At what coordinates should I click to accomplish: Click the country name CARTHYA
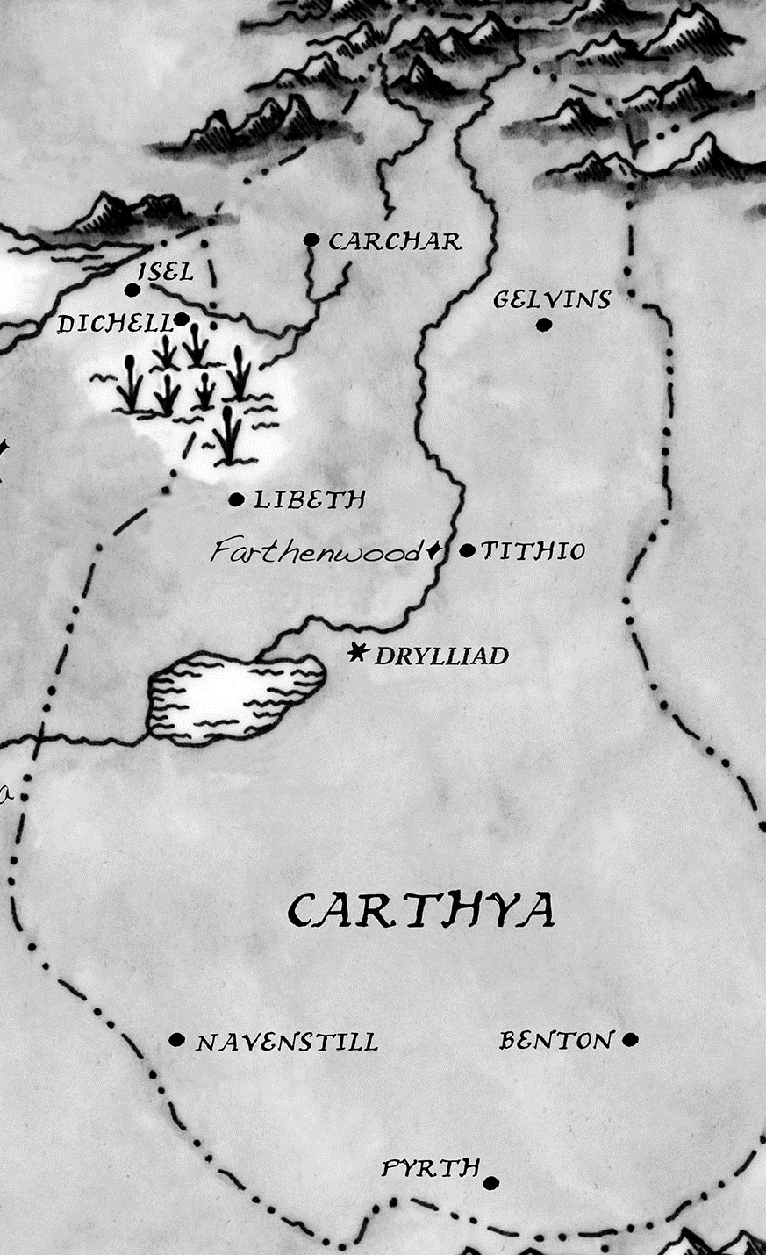point(422,910)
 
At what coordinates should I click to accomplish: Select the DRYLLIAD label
point(441,656)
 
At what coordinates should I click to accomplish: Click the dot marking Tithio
point(467,551)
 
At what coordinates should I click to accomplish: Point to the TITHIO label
point(533,551)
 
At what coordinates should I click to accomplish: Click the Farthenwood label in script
point(317,552)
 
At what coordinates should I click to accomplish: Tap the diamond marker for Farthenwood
point(433,551)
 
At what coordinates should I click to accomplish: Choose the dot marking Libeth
point(235,500)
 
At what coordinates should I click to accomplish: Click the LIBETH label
point(309,500)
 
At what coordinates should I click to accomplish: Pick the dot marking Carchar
point(310,239)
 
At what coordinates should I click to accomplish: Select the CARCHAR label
point(394,241)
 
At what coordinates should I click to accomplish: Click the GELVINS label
point(551,299)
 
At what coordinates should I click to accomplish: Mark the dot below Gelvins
point(543,325)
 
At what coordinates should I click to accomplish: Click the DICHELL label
point(114,325)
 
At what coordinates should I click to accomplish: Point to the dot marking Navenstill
point(176,1041)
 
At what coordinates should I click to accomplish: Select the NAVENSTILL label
point(287,1043)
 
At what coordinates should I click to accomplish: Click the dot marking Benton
point(629,1040)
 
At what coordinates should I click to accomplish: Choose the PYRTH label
point(431,1168)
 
